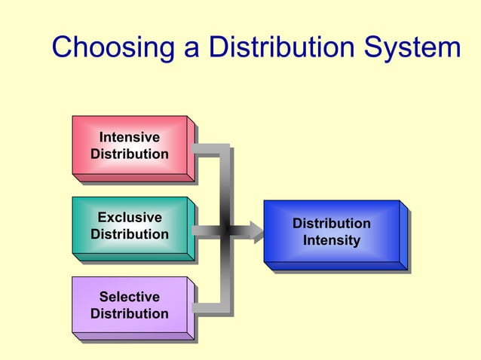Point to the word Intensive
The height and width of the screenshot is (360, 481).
click(130, 138)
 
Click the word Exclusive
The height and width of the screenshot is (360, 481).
click(130, 218)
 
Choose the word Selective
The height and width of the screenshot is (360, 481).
click(130, 297)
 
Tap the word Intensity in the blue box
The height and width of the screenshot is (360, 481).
click(332, 241)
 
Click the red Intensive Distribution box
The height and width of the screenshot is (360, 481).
click(130, 146)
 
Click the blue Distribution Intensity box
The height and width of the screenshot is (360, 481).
click(332, 232)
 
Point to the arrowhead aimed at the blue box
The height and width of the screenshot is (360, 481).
click(257, 230)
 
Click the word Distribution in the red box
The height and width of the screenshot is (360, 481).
click(130, 154)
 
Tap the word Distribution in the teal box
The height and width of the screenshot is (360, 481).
click(130, 234)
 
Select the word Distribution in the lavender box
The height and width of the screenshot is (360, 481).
click(130, 313)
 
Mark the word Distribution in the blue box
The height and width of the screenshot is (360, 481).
click(332, 224)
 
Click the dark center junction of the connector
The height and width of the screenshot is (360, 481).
click(225, 230)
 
